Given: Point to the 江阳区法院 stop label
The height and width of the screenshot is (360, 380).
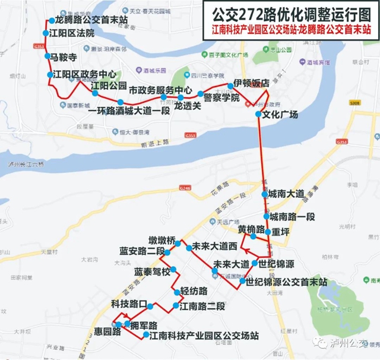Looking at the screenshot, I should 72,33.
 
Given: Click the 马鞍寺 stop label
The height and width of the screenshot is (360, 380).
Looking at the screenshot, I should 64,58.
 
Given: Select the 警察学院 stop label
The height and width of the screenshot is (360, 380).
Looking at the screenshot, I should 221,97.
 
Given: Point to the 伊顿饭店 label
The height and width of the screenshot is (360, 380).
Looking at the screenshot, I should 251,82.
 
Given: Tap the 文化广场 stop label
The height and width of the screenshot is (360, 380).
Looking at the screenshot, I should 280,114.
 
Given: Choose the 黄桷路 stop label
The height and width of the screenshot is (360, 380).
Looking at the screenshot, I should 251,229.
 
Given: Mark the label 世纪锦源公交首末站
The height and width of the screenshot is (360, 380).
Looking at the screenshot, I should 287,282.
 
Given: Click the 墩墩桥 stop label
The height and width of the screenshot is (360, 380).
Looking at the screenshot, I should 163,241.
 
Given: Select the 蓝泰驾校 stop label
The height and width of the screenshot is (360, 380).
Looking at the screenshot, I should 151,272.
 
